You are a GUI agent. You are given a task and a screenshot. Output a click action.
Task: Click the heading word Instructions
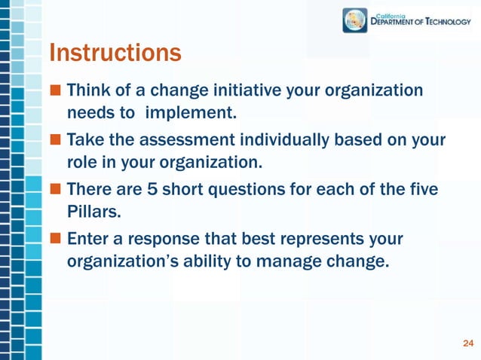pyautogui.click(x=115, y=54)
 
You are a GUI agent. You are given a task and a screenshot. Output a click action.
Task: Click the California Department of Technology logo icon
pyautogui.click(x=355, y=20)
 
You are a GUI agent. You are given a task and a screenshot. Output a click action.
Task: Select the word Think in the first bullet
pyautogui.click(x=87, y=91)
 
